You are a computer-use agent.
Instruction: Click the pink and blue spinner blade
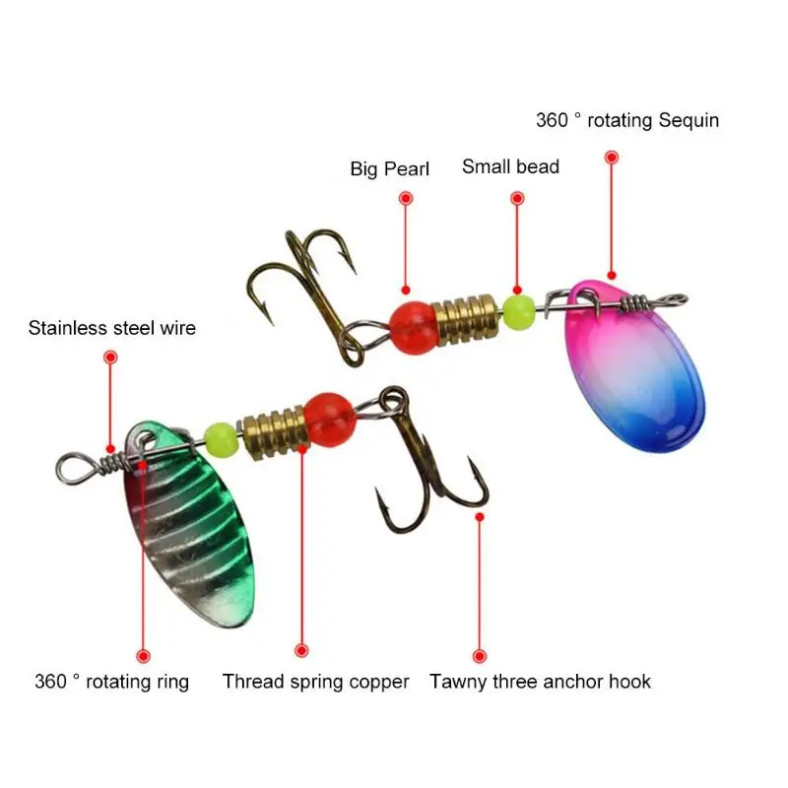pyautogui.click(x=634, y=365)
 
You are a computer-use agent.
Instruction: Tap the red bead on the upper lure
pyautogui.click(x=414, y=328)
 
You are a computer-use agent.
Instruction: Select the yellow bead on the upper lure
pyautogui.click(x=519, y=312)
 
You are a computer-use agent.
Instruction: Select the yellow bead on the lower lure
pyautogui.click(x=221, y=438)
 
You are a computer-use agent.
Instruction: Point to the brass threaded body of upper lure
pyautogui.click(x=468, y=319)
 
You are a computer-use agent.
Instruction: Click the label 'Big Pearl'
pyautogui.click(x=389, y=168)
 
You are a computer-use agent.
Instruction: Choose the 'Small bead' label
pyautogui.click(x=510, y=166)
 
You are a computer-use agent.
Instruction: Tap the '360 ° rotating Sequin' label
pyautogui.click(x=627, y=120)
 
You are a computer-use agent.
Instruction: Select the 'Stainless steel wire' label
pyautogui.click(x=112, y=328)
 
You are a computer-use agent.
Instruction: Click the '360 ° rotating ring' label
pyautogui.click(x=112, y=682)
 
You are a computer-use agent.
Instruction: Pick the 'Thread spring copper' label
pyautogui.click(x=315, y=682)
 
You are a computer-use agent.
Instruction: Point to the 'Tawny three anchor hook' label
pyautogui.click(x=540, y=682)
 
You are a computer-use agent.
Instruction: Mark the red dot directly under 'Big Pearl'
pyautogui.click(x=406, y=198)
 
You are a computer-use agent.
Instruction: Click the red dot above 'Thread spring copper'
pyautogui.click(x=301, y=651)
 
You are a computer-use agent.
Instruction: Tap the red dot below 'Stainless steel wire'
pyautogui.click(x=110, y=358)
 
